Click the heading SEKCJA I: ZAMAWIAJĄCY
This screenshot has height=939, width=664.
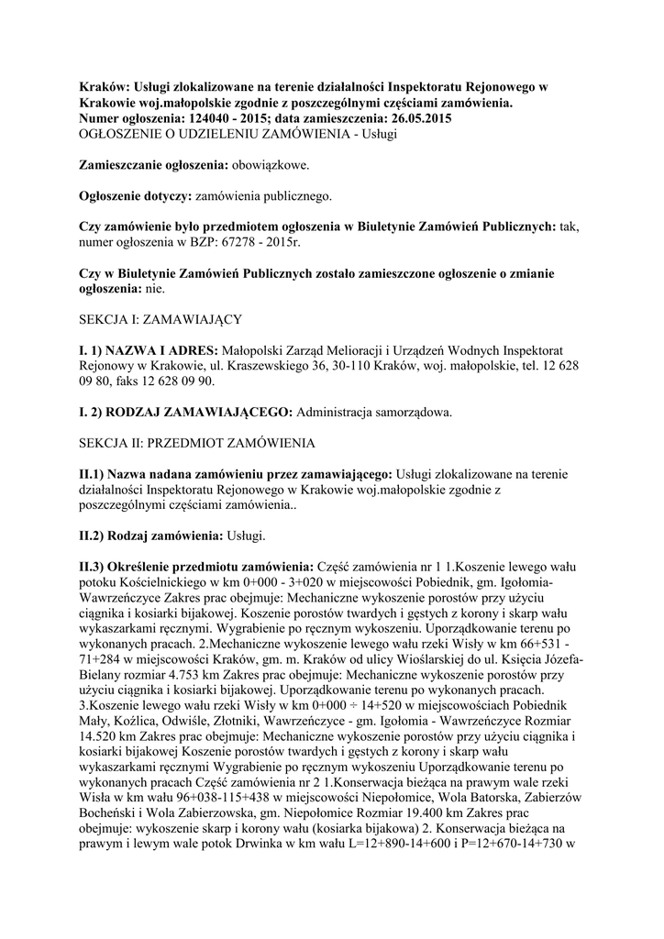click(160, 322)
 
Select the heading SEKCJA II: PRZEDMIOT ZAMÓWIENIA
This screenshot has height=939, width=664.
click(197, 443)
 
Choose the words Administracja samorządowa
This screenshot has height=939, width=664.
click(374, 413)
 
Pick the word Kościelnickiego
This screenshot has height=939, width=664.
click(169, 582)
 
